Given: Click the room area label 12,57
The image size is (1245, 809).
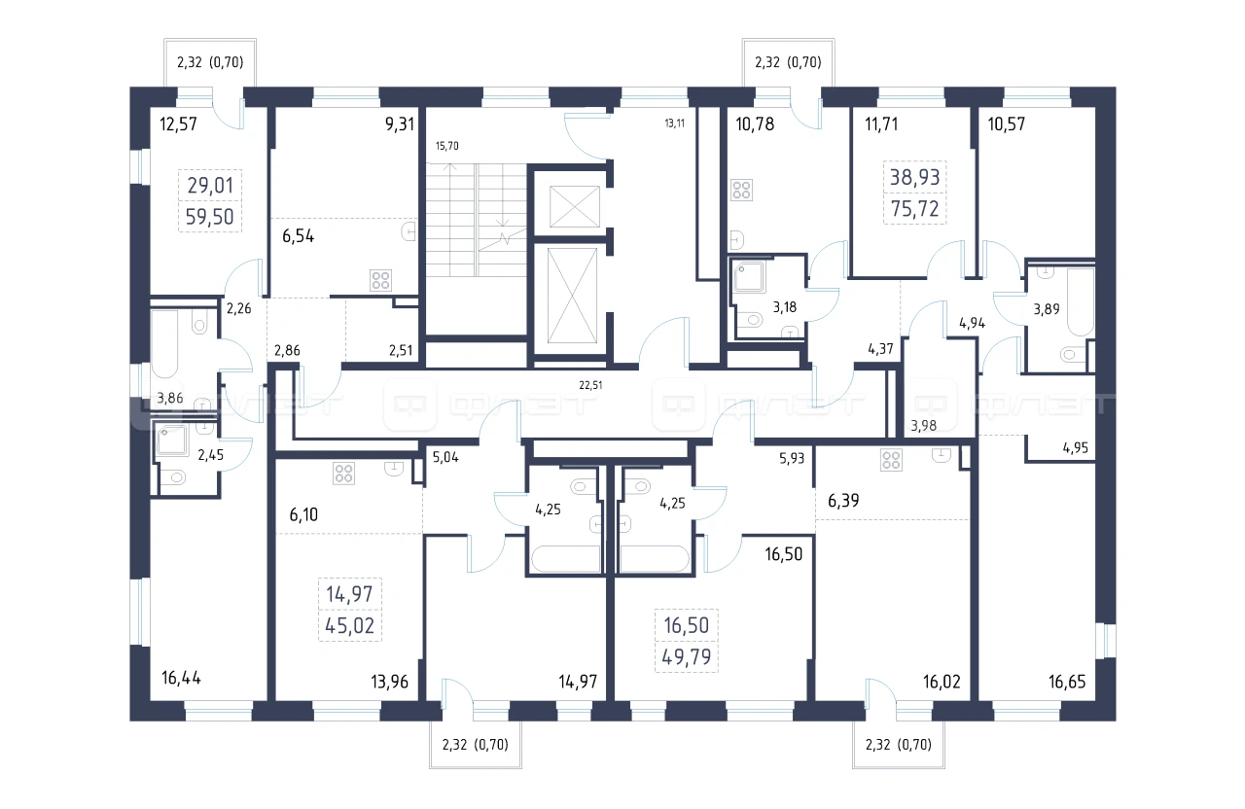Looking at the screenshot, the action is (x=178, y=123).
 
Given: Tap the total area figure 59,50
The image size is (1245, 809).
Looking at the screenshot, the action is (x=209, y=217).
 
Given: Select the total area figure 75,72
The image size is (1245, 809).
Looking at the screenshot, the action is (x=915, y=208).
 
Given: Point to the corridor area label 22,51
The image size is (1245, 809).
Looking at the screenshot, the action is (x=590, y=385).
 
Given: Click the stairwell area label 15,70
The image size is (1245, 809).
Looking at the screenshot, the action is (x=446, y=146).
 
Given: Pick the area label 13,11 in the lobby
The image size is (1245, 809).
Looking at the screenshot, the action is (x=674, y=123).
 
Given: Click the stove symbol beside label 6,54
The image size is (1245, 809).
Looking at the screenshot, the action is (x=380, y=281).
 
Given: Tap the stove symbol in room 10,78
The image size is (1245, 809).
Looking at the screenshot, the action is (x=741, y=190).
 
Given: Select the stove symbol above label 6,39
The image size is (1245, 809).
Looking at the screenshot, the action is (x=891, y=460).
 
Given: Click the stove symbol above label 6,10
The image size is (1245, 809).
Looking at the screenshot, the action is (x=344, y=474).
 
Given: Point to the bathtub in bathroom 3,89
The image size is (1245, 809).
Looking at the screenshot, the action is (x=1080, y=302).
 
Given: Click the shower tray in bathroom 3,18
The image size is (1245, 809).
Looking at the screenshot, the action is (x=749, y=277).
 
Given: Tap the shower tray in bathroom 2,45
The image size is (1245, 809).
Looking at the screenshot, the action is (x=172, y=440).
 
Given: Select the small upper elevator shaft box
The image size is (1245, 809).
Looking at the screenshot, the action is (x=574, y=207).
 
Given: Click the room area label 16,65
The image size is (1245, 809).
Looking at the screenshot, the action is (x=1067, y=682).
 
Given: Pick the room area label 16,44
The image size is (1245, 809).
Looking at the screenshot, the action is (x=181, y=678).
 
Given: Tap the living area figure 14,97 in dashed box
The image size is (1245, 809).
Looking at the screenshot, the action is (x=349, y=594).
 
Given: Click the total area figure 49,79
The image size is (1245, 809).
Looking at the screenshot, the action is (x=687, y=656).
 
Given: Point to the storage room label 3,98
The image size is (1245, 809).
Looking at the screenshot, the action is (x=923, y=426).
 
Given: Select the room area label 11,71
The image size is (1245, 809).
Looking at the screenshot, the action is (x=881, y=123).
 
